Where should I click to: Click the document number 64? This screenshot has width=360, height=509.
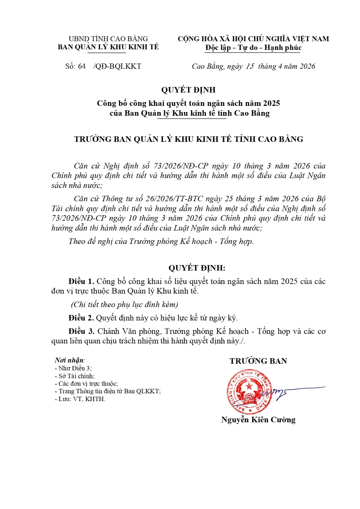tap(82, 67)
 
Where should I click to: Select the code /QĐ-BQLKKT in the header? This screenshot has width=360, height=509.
tap(117, 67)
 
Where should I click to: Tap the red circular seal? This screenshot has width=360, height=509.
tap(250, 392)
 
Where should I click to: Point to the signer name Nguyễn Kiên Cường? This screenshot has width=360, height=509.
tap(258, 420)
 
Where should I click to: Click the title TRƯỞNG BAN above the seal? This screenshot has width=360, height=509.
tap(258, 361)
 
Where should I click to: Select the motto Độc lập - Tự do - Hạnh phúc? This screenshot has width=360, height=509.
tap(253, 48)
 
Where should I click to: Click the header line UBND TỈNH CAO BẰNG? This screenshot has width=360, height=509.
tap(108, 39)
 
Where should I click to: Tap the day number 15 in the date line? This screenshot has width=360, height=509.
tap(250, 67)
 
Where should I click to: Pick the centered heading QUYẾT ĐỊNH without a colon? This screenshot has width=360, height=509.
tap(188, 90)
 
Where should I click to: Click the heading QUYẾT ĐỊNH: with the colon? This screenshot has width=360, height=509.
tap(197, 268)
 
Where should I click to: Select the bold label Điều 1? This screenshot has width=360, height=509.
tap(81, 281)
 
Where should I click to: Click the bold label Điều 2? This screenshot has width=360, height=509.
tap(81, 318)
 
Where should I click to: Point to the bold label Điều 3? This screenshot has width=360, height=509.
tap(81, 331)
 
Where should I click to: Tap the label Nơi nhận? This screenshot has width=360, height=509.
tap(70, 360)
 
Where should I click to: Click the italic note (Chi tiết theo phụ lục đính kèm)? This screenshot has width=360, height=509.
tap(125, 304)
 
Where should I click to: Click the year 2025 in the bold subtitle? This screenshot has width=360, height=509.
tap(271, 103)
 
